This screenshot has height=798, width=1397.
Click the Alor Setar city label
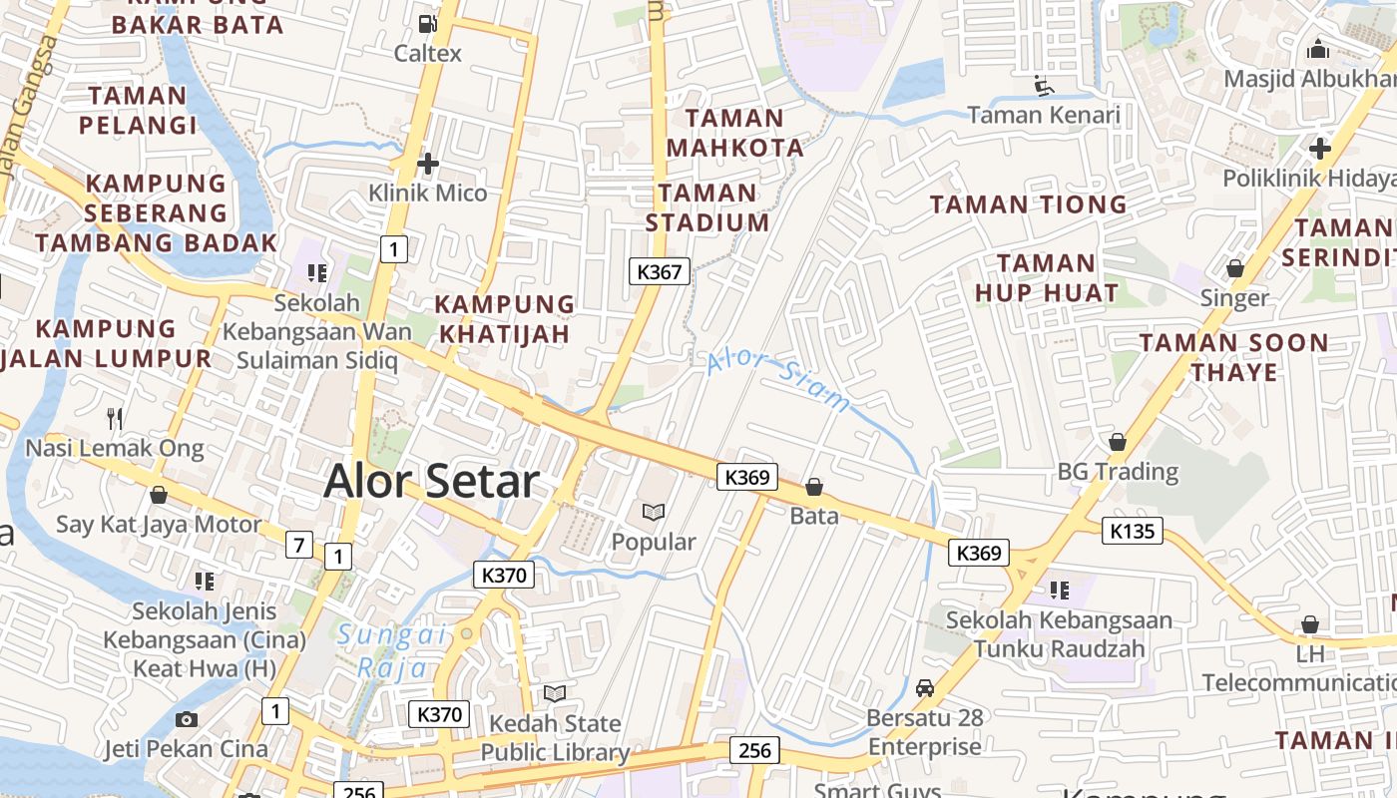click(431, 482)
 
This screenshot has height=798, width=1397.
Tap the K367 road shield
click(660, 270)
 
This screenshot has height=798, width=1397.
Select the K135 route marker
click(1133, 530)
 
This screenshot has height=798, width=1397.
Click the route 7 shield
click(299, 545)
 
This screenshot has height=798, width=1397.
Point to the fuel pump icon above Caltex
click(427, 22)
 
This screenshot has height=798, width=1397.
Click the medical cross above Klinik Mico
click(428, 163)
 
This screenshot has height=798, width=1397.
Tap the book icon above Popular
click(654, 512)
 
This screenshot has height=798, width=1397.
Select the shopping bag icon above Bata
click(814, 487)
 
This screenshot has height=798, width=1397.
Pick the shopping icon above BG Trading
click(1118, 441)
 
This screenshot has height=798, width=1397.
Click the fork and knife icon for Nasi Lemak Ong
click(115, 417)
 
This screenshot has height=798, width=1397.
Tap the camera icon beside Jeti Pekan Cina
click(186, 719)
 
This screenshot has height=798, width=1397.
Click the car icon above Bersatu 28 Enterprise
click(925, 687)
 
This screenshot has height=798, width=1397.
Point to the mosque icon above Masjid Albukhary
click(1318, 48)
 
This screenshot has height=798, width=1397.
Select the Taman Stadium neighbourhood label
click(707, 207)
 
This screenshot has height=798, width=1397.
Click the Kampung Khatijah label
click(505, 318)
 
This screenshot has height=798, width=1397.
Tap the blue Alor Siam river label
click(778, 380)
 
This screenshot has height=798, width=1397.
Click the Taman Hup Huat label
click(1046, 278)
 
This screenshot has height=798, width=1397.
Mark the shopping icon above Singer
click(1234, 268)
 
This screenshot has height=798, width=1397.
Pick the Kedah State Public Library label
click(555, 738)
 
